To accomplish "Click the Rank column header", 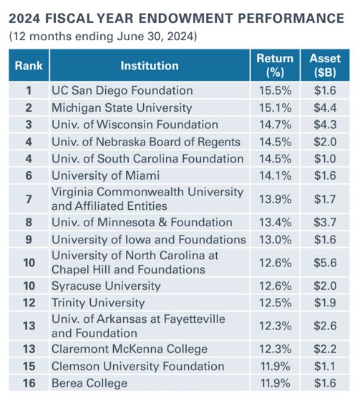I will tap(29, 66).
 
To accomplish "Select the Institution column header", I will tap(149, 66).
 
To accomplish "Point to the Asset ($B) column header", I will tap(324, 65).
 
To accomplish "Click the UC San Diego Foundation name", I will tap(122, 91).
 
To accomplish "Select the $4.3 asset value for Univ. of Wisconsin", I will tap(324, 125).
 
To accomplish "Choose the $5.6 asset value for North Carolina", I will tap(324, 263).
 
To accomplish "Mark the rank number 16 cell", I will tap(29, 383).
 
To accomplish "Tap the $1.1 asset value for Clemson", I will tap(324, 367).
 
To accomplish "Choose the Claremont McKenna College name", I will tap(129, 349).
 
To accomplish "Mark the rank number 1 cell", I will tap(29, 91).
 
